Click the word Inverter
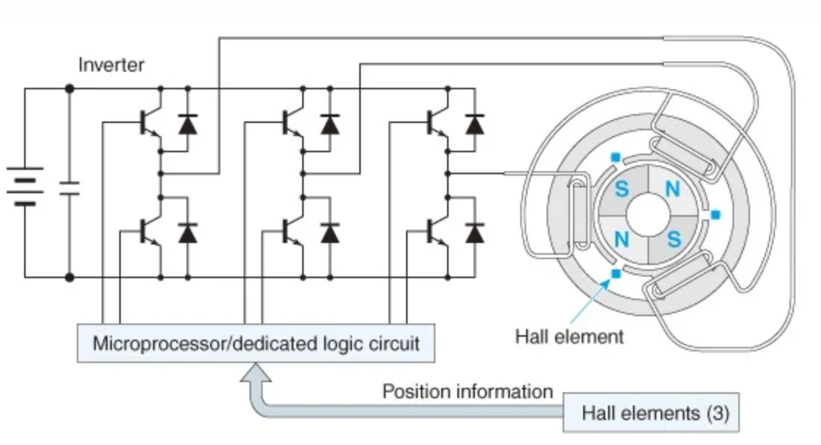pos(111,65)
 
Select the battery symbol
pos(24,186)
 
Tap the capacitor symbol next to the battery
pos(70,186)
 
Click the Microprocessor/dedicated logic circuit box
pos(256,343)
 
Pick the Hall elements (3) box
pos(655,413)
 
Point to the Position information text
pos(468,391)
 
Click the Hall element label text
pos(569,337)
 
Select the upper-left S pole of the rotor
pos(621,189)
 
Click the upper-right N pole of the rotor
pos(672,189)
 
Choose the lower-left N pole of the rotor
pos(621,239)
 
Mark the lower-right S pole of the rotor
pos(673,239)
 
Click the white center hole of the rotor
pos(647,214)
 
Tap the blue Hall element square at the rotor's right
pos(716,214)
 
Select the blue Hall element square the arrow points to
pos(615,273)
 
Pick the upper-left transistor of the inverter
pos(151,124)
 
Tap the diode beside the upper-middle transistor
pos(330,124)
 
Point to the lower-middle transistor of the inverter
pos(293,233)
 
